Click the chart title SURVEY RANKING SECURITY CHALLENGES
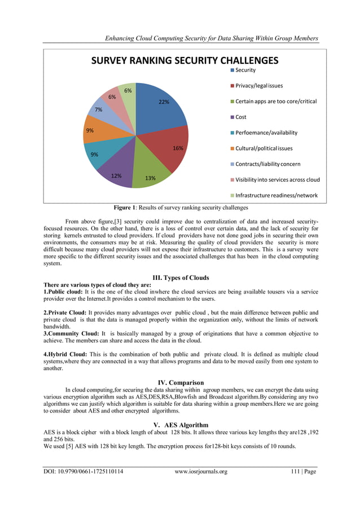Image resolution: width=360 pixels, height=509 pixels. [185, 60]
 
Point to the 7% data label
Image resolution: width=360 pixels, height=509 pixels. [98, 109]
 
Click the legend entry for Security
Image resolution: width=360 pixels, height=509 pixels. [245, 70]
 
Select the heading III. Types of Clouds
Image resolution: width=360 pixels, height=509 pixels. [181, 278]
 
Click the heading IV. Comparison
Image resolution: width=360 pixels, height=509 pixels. [181, 383]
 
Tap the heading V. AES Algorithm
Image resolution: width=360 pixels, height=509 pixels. [181, 424]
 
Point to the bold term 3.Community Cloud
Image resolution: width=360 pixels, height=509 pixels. [71, 334]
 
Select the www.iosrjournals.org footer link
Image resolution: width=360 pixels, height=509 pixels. [201, 472]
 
